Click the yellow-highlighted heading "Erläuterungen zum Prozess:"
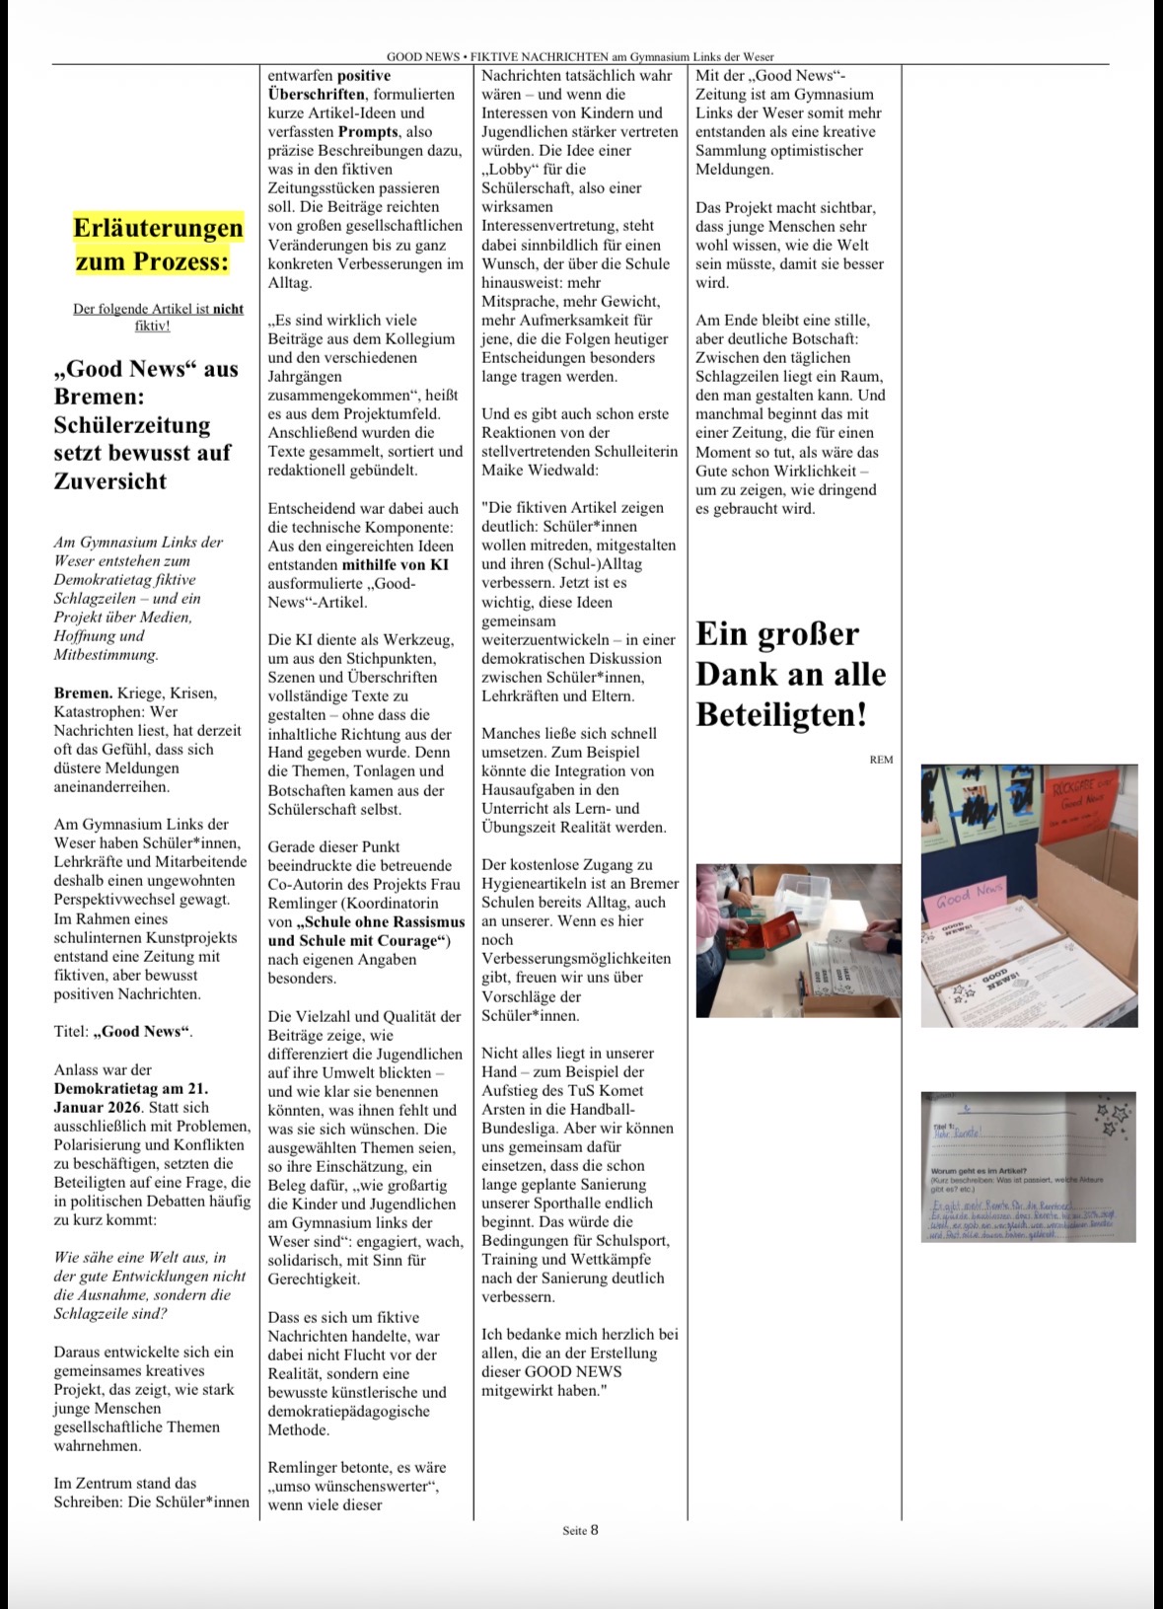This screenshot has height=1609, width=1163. [x=158, y=244]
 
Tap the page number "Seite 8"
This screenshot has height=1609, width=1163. [x=580, y=1530]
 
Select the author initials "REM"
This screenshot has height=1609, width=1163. [x=881, y=759]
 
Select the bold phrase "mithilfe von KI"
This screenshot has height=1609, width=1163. [x=396, y=564]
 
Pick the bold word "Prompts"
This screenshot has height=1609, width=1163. [x=368, y=131]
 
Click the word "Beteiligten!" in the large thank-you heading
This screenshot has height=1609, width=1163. [x=781, y=714]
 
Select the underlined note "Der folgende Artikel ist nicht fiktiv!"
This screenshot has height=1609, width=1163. [x=158, y=317]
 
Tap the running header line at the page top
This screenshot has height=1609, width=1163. [x=580, y=57]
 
